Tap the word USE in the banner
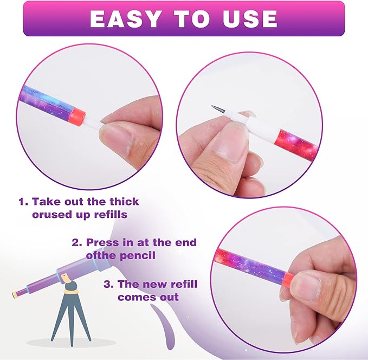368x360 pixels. tap(250, 19)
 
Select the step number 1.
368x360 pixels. tap(23, 202)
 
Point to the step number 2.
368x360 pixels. tap(77, 242)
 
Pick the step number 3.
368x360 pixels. tap(108, 285)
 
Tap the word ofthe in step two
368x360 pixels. tap(101, 255)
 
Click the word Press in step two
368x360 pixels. tap(103, 242)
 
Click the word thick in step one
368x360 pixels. tap(125, 202)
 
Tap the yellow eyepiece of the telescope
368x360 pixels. tap(14, 294)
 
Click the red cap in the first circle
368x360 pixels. tap(79, 114)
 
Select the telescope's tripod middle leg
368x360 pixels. tap(71, 322)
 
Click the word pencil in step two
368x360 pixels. tap(138, 255)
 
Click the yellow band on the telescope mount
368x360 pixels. tap(70, 292)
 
